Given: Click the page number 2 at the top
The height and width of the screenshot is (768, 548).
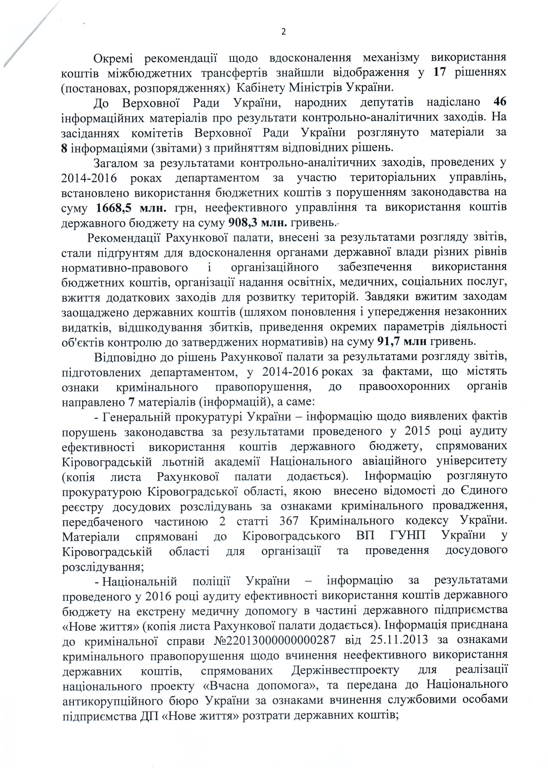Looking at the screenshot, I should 283,32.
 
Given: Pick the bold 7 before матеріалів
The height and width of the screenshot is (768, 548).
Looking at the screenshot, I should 131,402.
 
